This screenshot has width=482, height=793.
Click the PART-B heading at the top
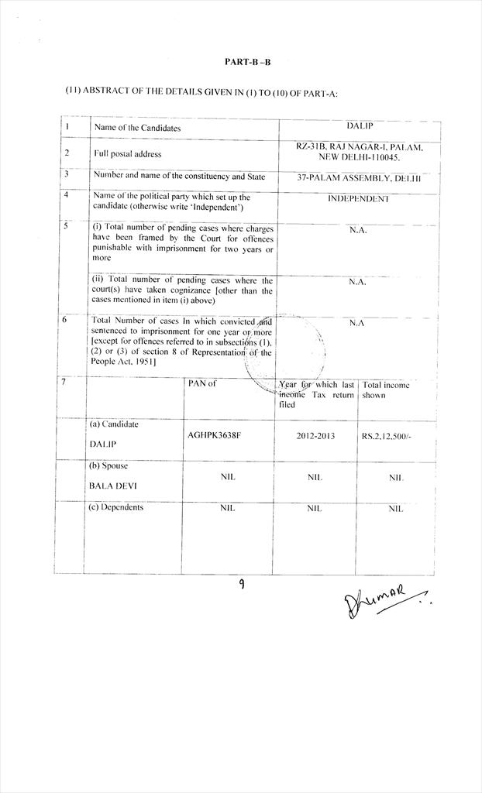(x=242, y=61)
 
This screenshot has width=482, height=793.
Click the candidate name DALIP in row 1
(x=359, y=125)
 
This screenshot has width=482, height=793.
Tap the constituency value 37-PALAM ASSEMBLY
(x=358, y=177)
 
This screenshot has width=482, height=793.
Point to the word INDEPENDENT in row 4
(x=358, y=198)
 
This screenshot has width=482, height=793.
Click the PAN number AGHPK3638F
(x=215, y=435)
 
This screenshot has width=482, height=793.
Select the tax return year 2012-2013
(x=315, y=436)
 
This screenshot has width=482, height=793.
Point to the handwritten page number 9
(x=242, y=585)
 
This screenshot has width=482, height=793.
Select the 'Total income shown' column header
(x=387, y=390)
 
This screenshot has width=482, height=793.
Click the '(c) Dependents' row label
(x=117, y=508)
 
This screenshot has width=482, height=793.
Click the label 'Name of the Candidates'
(x=137, y=127)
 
